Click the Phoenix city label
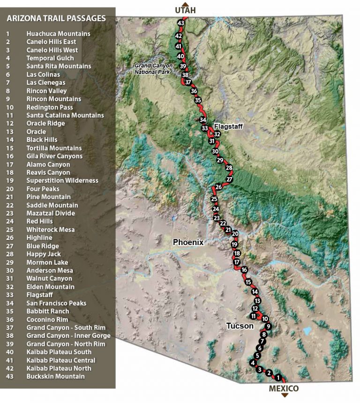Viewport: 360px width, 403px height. coord(188,242)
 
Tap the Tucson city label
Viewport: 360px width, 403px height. coord(240,326)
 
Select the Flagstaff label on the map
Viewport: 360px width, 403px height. coord(228,127)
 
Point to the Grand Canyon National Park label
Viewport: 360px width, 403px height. coord(153,69)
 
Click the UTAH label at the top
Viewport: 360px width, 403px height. coord(185,10)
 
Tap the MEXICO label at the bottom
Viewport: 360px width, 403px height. coord(284,388)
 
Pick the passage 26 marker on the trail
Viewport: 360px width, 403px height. coord(218,187)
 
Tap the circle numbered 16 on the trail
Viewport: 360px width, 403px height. coord(244,269)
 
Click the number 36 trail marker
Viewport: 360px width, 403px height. coord(194,91)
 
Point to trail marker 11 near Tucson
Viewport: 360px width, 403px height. coord(254,316)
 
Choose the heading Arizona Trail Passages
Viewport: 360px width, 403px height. coord(56,19)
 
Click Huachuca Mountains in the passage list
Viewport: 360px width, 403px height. coord(58,34)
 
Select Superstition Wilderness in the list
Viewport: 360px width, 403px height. coord(62,180)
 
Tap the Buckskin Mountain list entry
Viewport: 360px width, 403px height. coord(55,376)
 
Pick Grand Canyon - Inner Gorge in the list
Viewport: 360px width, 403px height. coord(68,336)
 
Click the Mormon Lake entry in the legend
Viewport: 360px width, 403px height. coord(47,262)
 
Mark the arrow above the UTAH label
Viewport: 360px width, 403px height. coord(185,3)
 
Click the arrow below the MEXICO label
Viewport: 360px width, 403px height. coord(284,396)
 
